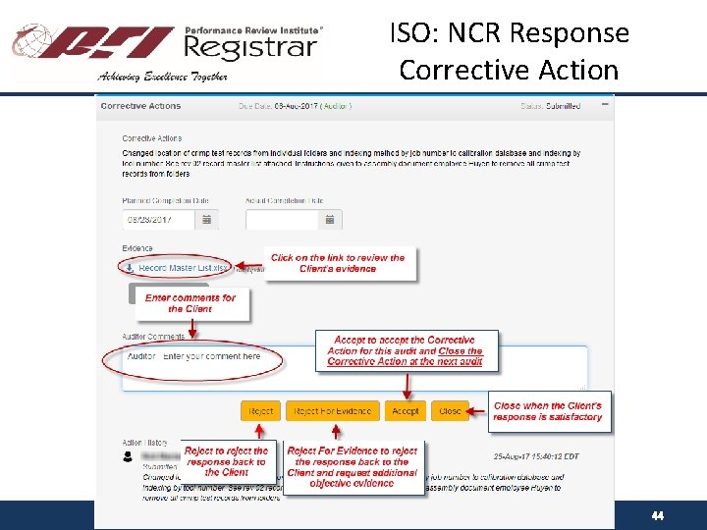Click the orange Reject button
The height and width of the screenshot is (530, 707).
[x=260, y=411]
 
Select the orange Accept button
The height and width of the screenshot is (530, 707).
[x=405, y=411]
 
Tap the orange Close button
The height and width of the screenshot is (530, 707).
[x=450, y=411]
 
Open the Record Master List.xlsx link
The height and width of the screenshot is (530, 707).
[x=183, y=267]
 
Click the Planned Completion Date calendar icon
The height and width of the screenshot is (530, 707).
[x=206, y=220]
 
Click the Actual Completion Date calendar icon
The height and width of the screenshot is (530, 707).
[x=329, y=220]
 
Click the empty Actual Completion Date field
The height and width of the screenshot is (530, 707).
[x=281, y=220]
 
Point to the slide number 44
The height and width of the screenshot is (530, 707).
[x=657, y=515]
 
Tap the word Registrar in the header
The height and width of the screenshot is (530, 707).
[x=250, y=47]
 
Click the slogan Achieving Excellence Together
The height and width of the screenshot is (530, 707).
[x=163, y=76]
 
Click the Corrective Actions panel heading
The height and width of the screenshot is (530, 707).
[x=141, y=105]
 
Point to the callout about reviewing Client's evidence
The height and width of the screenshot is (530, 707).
[x=338, y=263]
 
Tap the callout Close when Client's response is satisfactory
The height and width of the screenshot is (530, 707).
[x=547, y=411]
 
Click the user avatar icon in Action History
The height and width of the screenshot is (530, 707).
[x=128, y=456]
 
